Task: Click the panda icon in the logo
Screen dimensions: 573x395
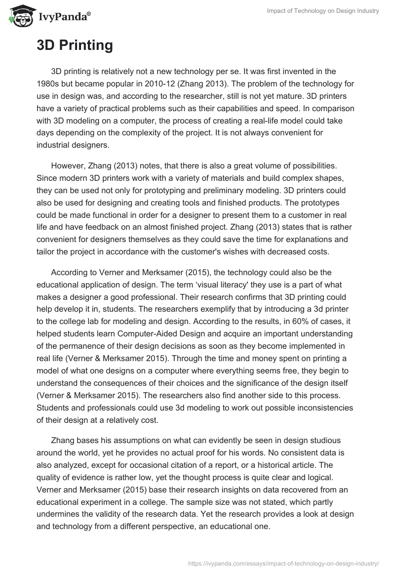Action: coord(18,16)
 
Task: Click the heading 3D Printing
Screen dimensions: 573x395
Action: coord(75,45)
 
